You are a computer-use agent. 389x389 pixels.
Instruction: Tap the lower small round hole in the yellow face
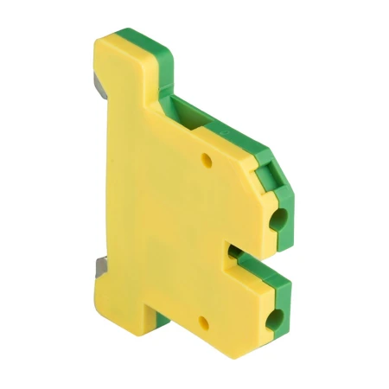click(205, 323)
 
